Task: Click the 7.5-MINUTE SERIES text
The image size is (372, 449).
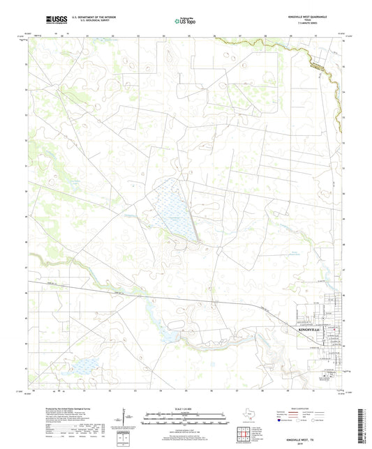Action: tap(315, 24)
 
